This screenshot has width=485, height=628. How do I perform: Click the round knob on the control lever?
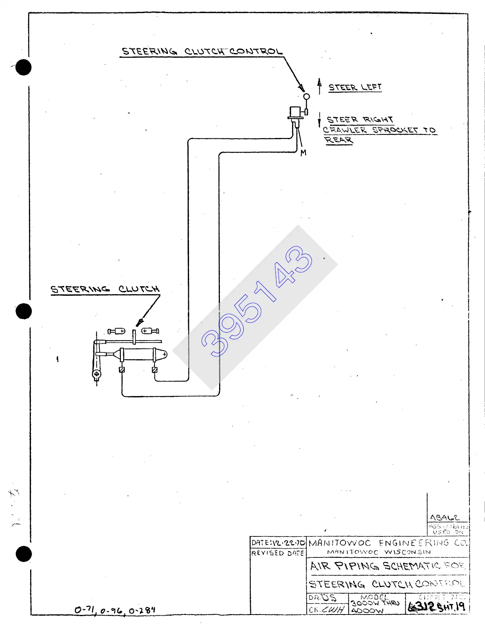point(306,96)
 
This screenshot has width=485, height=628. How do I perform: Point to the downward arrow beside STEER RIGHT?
point(319,120)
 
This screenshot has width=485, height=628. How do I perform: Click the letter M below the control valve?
point(303,153)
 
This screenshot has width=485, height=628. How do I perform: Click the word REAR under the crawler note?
point(339,140)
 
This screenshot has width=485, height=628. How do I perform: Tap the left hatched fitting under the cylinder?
point(122,370)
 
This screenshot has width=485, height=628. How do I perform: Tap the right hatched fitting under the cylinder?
point(155,370)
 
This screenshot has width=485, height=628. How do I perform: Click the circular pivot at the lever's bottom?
point(96,373)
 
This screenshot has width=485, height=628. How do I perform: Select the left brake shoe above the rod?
point(117,331)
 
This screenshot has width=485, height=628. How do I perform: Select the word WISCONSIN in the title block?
point(407,552)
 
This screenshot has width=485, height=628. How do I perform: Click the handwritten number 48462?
point(445,518)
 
